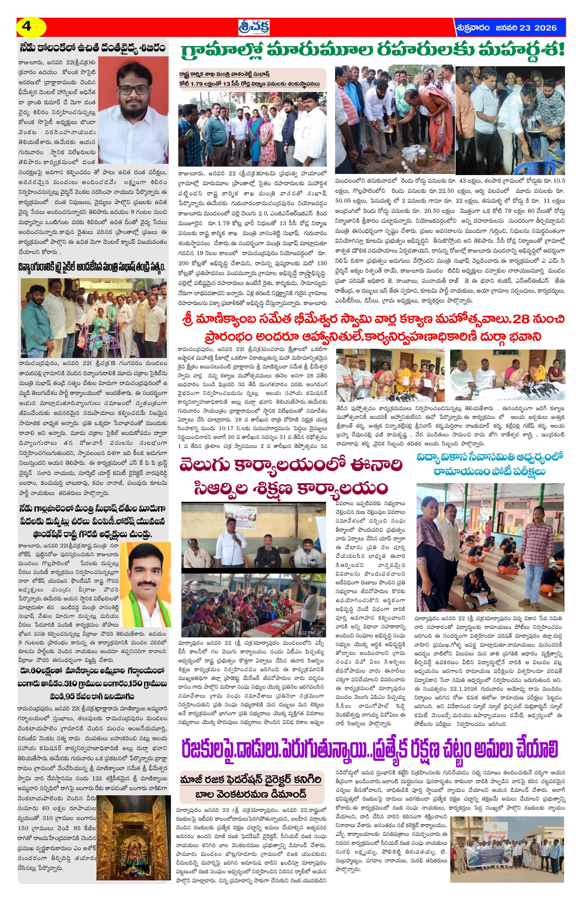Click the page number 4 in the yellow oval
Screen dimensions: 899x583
tap(27, 27)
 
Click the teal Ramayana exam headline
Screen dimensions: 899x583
tap(490, 464)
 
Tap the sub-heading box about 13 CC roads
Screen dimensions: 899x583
tap(252, 79)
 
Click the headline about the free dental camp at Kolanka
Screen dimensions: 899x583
tap(93, 48)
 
